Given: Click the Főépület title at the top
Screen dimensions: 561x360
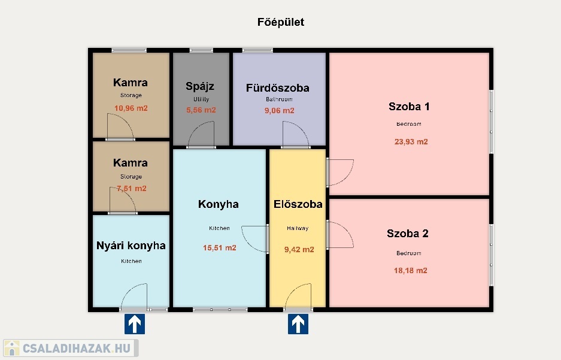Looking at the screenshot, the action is (x=281, y=22).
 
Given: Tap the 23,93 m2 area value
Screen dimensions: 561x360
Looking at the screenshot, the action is (x=411, y=142).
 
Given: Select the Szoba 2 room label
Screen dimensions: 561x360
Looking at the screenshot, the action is (x=408, y=234).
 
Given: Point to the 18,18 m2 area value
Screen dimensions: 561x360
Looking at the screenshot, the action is (x=410, y=271).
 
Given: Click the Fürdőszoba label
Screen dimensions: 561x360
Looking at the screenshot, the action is (x=278, y=88).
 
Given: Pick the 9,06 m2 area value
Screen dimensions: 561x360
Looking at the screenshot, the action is (x=280, y=111).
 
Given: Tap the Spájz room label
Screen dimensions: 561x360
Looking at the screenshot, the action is (x=200, y=86).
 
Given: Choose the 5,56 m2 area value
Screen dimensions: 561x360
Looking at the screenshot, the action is (x=201, y=110).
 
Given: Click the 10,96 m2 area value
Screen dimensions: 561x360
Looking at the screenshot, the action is (x=131, y=108).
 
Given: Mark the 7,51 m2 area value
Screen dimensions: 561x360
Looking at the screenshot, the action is (x=132, y=189).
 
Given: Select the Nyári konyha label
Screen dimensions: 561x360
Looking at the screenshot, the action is (x=131, y=246).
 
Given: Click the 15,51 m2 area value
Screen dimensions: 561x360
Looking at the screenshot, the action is (x=220, y=247).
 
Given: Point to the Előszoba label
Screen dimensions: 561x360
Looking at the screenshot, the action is (x=298, y=204).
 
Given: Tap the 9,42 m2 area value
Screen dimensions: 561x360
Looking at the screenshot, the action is (x=299, y=249).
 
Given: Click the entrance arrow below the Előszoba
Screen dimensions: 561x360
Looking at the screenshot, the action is (x=298, y=324).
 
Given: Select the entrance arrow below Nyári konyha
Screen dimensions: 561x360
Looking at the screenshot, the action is (x=135, y=324).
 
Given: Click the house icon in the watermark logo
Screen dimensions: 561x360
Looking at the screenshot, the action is (x=12, y=348).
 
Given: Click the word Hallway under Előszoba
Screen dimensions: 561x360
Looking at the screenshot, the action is (x=298, y=228).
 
